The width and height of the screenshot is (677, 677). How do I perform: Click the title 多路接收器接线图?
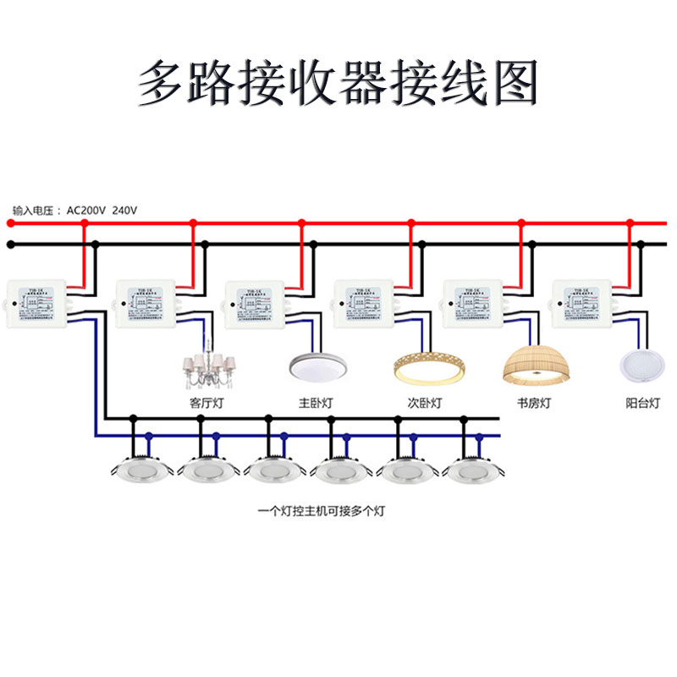tap(338, 82)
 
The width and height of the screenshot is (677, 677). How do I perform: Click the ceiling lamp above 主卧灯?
tap(315, 367)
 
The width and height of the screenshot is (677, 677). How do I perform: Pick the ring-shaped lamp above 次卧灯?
tap(429, 367)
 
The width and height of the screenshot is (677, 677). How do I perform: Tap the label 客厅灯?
tap(206, 404)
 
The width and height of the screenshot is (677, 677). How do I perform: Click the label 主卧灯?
tap(316, 404)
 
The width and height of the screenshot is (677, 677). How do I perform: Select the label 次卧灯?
tap(425, 404)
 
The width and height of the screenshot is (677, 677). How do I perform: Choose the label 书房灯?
tap(534, 404)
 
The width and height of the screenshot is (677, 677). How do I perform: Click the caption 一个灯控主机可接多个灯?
tap(325, 511)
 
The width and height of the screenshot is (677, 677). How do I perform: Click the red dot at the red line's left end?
tap(10, 223)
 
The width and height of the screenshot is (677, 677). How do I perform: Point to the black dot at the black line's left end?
tap(10, 245)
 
